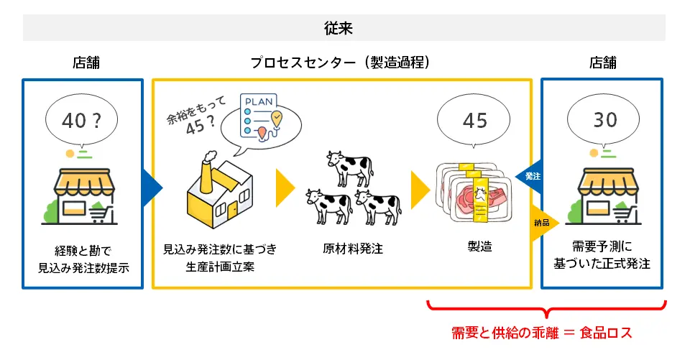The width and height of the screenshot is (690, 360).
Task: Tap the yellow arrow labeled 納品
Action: (543, 223)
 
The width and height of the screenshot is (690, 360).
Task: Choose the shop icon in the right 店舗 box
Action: (601, 193)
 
